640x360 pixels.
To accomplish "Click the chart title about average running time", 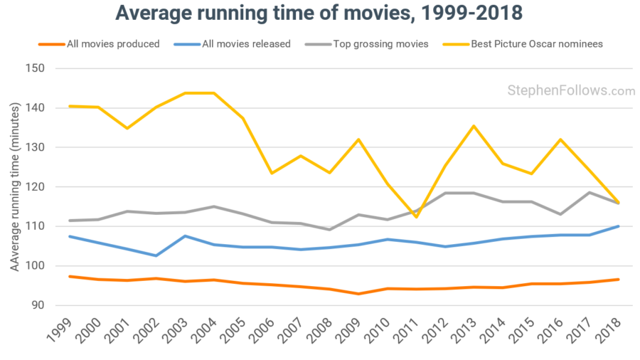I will point(319,14).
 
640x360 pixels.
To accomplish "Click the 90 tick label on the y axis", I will point(37,305).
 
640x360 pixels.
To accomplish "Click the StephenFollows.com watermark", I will point(571,90).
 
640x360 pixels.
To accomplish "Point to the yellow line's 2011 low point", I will point(417,217).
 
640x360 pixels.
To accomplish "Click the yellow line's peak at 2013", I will point(474,126).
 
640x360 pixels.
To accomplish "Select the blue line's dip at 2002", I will point(156,255).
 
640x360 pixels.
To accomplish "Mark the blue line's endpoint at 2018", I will point(618,226).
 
